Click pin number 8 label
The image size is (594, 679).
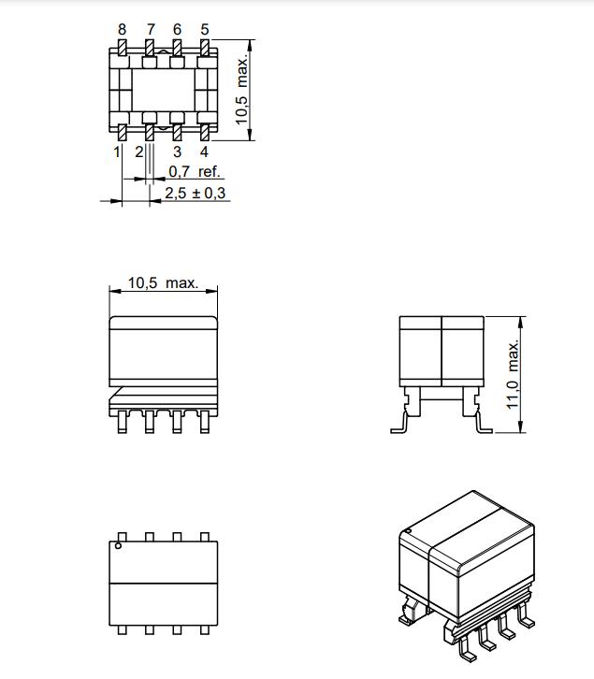(x=123, y=29)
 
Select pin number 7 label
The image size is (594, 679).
(x=151, y=29)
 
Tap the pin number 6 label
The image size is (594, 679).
(x=177, y=29)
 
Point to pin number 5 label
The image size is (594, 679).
(x=205, y=29)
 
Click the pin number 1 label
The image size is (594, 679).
(x=117, y=152)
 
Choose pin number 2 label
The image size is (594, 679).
(x=138, y=152)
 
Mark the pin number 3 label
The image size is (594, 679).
(x=177, y=152)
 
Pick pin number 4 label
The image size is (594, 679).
(x=204, y=152)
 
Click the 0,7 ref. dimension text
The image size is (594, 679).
(x=195, y=171)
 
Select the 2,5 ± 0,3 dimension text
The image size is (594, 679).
(x=196, y=193)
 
